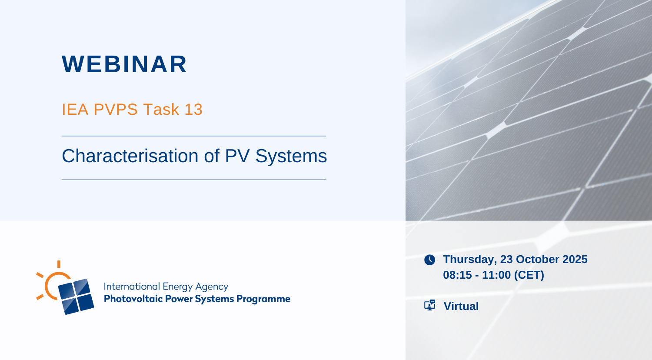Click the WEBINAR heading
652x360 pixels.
[124, 64]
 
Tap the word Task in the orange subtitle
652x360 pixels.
[161, 110]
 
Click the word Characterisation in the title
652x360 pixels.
[130, 156]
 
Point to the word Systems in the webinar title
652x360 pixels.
[291, 157]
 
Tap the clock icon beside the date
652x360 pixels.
[429, 260]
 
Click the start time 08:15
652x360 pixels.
[457, 275]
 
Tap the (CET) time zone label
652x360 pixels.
[529, 275]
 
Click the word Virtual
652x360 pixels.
[461, 306]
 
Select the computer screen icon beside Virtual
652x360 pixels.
[429, 305]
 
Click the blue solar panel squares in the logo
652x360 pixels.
[76, 297]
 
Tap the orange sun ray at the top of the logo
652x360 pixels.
[59, 264]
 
